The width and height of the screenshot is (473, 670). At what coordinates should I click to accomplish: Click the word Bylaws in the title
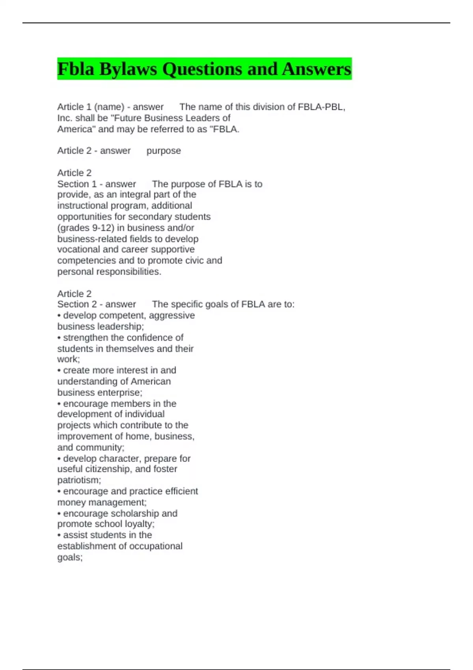click(x=128, y=69)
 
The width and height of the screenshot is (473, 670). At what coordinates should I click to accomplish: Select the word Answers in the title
click(x=316, y=69)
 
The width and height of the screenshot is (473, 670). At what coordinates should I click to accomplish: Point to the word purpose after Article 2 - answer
click(x=164, y=151)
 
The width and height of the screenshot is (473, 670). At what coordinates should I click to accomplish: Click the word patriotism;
click(x=79, y=480)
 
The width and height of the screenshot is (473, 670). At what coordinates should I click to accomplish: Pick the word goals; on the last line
click(x=70, y=557)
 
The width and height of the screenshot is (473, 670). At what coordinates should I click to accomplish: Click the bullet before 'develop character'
click(x=59, y=459)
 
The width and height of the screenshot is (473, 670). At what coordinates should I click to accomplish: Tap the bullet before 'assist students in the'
click(x=59, y=535)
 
